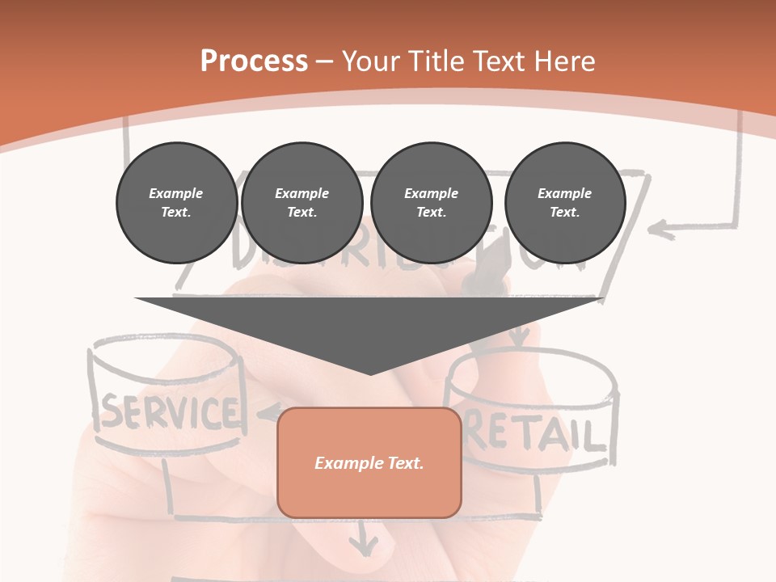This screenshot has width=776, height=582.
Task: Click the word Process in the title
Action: pyautogui.click(x=254, y=61)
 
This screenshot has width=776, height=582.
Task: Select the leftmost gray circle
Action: pyautogui.click(x=176, y=203)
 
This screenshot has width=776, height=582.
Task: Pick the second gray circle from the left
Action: pyautogui.click(x=302, y=203)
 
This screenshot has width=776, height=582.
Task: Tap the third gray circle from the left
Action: pyautogui.click(x=431, y=203)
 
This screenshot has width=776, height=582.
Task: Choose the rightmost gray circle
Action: pyautogui.click(x=564, y=203)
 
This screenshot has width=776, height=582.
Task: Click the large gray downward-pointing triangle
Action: pyautogui.click(x=369, y=327)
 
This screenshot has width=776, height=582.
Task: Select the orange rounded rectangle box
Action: pyautogui.click(x=369, y=462)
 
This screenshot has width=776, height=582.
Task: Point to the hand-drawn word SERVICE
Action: pyautogui.click(x=171, y=412)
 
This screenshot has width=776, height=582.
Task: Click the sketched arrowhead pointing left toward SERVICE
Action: pyautogui.click(x=263, y=414)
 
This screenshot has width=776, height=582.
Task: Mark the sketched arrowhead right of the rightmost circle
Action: pyautogui.click(x=662, y=230)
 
